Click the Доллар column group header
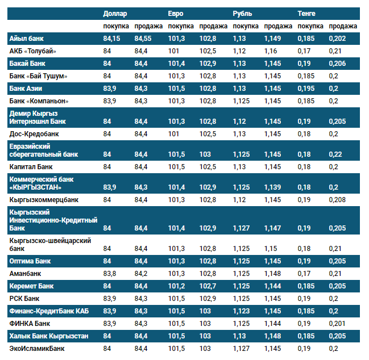point(115,14)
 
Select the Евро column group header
point(176,14)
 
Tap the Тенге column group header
point(308,14)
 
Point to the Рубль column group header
point(243,14)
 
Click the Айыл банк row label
point(27,39)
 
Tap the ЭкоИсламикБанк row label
point(38,348)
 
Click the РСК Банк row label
point(24,298)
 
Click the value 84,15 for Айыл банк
point(112,39)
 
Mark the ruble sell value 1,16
point(271,51)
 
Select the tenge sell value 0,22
point(335,154)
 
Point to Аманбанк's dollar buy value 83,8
point(110,273)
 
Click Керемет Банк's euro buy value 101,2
point(176,286)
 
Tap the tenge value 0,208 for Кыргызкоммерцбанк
point(337,200)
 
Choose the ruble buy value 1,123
point(241,311)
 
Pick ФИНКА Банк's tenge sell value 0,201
point(337,323)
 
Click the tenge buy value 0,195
point(306,89)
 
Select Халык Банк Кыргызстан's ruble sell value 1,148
point(272,336)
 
